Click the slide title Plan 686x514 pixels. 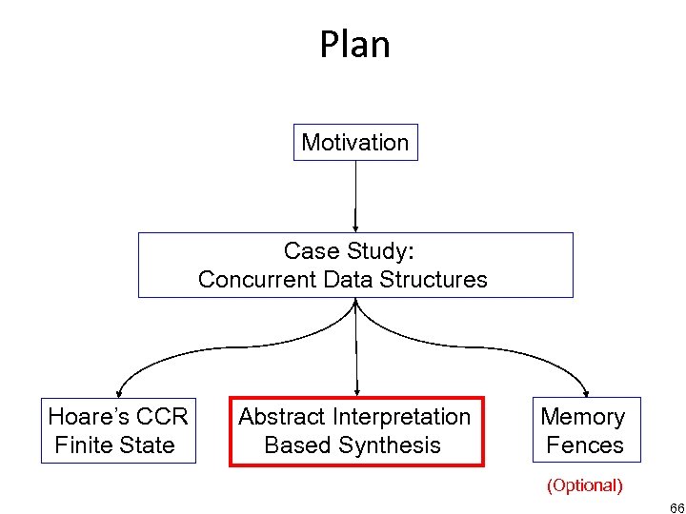click(x=354, y=45)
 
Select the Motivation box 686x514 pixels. click(x=354, y=143)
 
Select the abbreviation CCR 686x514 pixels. click(x=162, y=417)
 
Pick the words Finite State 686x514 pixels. click(x=115, y=445)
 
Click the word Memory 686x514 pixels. click(x=583, y=417)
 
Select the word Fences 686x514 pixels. click(x=584, y=445)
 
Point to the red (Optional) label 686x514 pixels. click(x=584, y=485)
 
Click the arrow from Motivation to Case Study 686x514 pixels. click(x=355, y=195)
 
